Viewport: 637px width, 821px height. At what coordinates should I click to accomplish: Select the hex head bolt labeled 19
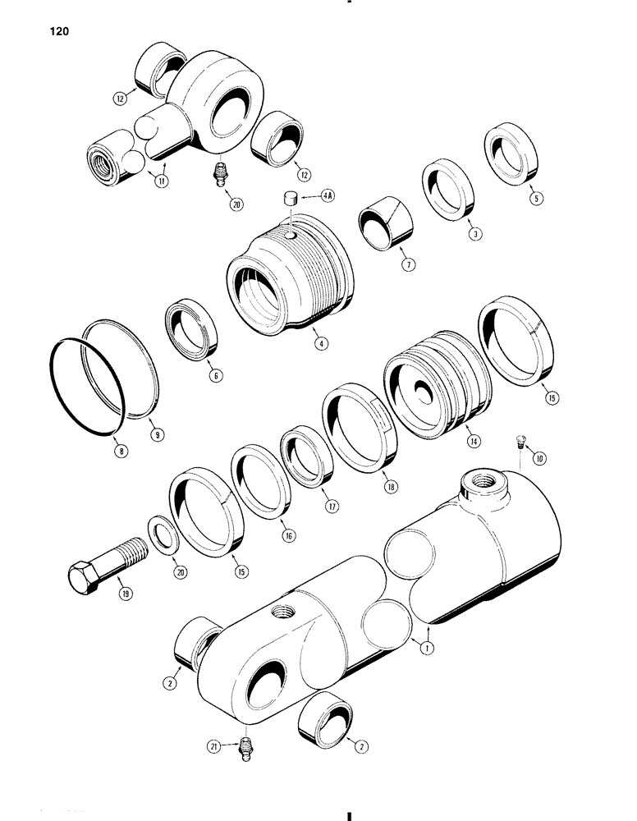103,567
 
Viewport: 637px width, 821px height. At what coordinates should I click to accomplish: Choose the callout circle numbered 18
388,486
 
